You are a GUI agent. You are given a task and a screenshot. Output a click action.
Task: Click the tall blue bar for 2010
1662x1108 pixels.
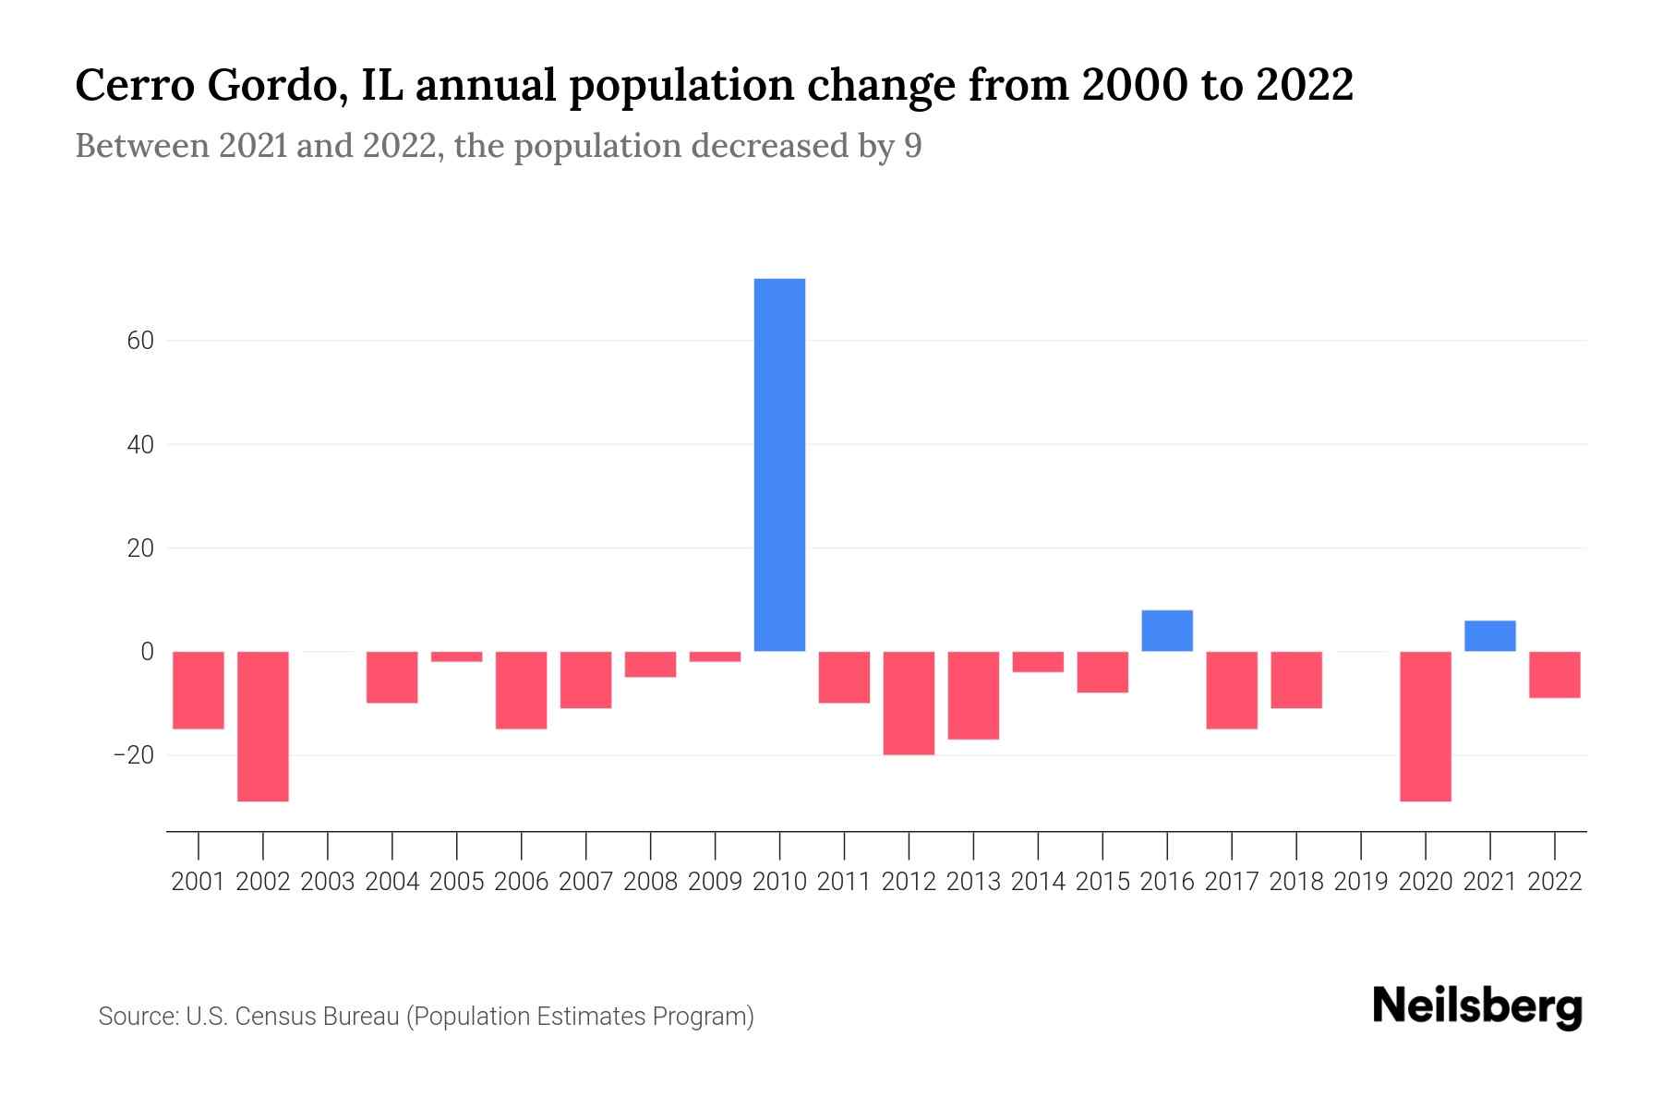[779, 464]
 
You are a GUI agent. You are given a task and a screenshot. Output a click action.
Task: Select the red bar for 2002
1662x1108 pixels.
[263, 726]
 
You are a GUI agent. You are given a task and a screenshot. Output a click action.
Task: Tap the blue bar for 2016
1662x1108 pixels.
[1167, 631]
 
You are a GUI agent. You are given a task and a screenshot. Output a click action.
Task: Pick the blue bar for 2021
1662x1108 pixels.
[1489, 636]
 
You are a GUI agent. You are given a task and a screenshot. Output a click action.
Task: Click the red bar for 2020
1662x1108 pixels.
[1426, 726]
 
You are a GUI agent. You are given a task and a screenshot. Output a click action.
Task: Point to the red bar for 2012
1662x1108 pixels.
[909, 703]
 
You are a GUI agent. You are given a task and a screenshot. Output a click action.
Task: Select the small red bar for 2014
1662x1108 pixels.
[1038, 662]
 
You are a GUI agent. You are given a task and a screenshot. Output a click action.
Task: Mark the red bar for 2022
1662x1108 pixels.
[1555, 674]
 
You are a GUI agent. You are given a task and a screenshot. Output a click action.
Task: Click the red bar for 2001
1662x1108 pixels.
[199, 690]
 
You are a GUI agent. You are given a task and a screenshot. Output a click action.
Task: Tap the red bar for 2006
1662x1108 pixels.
[522, 690]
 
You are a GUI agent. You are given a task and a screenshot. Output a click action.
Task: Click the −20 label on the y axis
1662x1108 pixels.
[133, 755]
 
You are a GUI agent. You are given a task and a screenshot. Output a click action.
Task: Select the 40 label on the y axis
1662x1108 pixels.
[140, 445]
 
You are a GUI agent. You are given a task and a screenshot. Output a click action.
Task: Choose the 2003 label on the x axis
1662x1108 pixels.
[328, 882]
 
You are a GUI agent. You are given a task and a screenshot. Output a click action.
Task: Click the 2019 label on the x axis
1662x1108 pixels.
[1361, 882]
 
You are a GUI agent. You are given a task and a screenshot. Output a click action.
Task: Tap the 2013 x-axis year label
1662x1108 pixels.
[973, 882]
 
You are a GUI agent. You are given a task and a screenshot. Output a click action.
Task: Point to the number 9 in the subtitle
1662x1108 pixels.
[912, 147]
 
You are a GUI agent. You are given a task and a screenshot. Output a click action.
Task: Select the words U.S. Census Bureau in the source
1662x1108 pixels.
[293, 1017]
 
